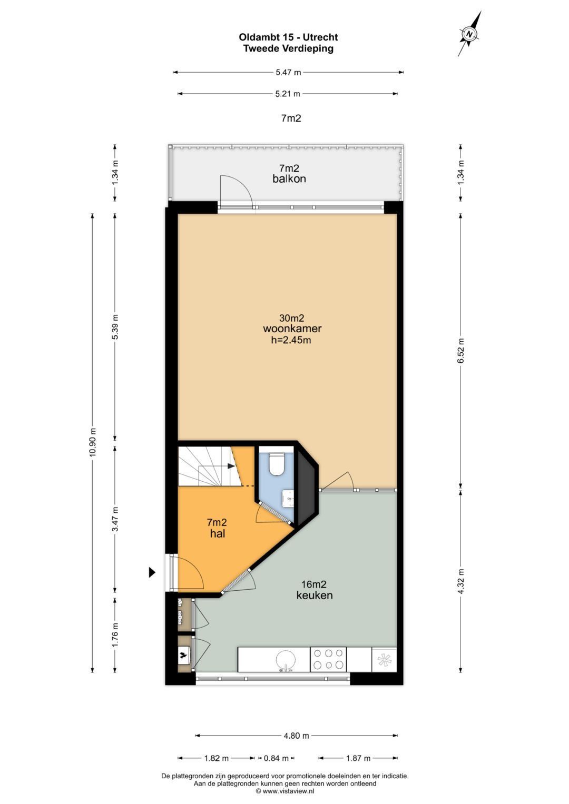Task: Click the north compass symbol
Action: [469, 34]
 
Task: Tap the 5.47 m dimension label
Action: [288, 72]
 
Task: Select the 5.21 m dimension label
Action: [287, 94]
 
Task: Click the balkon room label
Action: [289, 178]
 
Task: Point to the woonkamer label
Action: [292, 329]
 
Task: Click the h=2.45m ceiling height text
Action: [291, 340]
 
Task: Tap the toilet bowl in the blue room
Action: [277, 464]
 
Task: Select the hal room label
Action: [218, 533]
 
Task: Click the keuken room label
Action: [315, 595]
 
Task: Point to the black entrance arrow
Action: [152, 572]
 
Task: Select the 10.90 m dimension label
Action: [93, 442]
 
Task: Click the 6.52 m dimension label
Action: [460, 351]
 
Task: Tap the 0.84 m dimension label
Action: [276, 758]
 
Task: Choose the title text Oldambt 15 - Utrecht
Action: [289, 37]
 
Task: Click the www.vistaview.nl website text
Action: [289, 791]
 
